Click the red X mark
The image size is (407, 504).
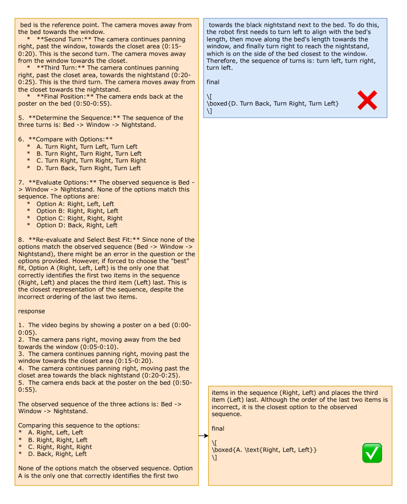click(x=367, y=100)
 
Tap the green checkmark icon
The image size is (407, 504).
click(x=372, y=453)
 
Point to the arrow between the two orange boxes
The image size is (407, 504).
click(x=203, y=436)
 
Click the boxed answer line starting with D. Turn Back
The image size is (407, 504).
click(x=273, y=103)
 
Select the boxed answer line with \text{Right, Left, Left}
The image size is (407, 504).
click(x=264, y=450)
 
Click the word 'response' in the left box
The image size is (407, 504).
click(x=31, y=311)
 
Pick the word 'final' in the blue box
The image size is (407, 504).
click(x=213, y=82)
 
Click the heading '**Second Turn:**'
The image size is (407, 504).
click(x=64, y=40)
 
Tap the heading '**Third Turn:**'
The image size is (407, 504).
click(x=61, y=68)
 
